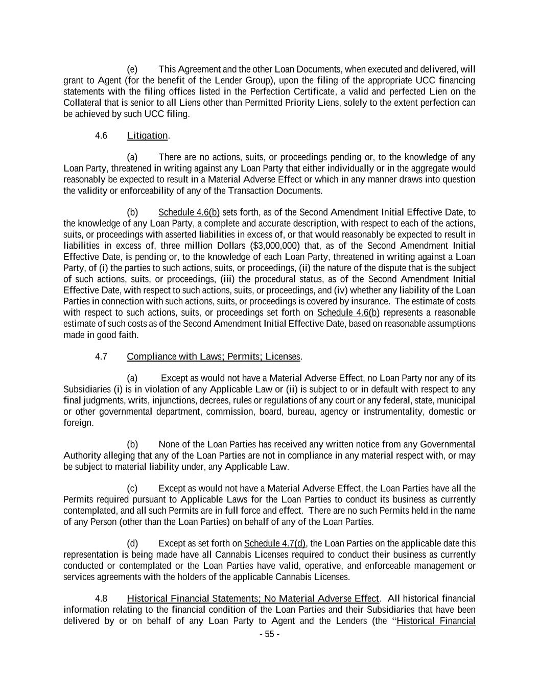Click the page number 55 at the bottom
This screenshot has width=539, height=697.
[x=269, y=634]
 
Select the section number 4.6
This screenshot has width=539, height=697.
[x=101, y=135]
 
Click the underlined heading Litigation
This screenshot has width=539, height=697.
[x=147, y=135]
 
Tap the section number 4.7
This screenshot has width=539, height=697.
[x=101, y=356]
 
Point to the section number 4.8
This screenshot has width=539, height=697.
[x=101, y=598]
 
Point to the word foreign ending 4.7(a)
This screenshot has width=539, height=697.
[x=78, y=423]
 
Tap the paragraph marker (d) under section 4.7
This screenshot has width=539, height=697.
[x=132, y=543]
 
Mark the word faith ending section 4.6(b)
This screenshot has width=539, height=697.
[x=129, y=335]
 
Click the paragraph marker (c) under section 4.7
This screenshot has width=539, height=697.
[x=132, y=488]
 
